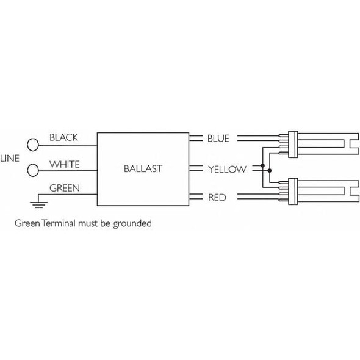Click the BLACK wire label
tap(63, 137)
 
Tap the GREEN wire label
tap(63, 188)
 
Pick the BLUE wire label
tap(218, 139)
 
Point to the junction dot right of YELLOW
tap(262, 166)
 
